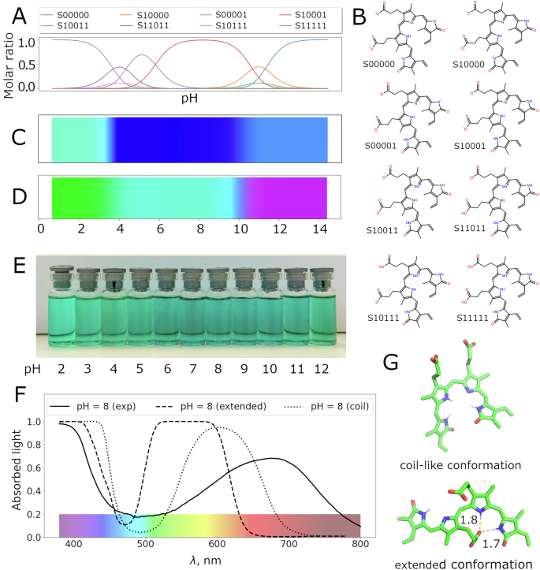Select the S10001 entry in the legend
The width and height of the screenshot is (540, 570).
tap(299, 13)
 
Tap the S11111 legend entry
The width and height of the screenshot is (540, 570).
tap(299, 26)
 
